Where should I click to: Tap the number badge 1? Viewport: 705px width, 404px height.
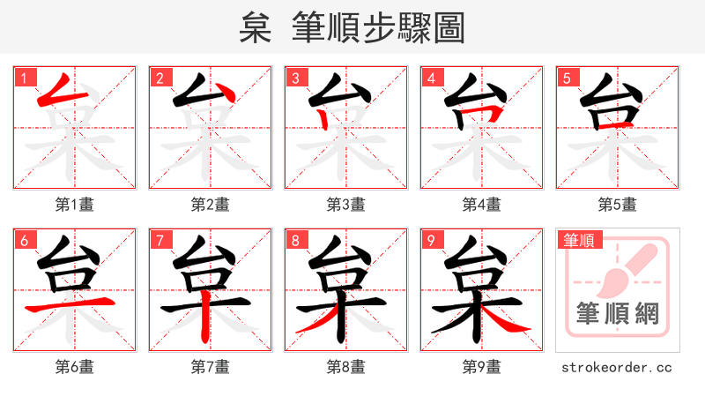tap(24, 78)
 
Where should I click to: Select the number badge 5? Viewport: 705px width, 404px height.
tap(567, 78)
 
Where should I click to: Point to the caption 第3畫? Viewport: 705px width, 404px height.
tap(345, 205)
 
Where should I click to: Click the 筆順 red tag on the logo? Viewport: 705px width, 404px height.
tap(579, 240)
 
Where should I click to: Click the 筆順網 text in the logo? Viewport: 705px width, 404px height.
tap(617, 313)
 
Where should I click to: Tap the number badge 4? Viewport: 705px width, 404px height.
tap(431, 78)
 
